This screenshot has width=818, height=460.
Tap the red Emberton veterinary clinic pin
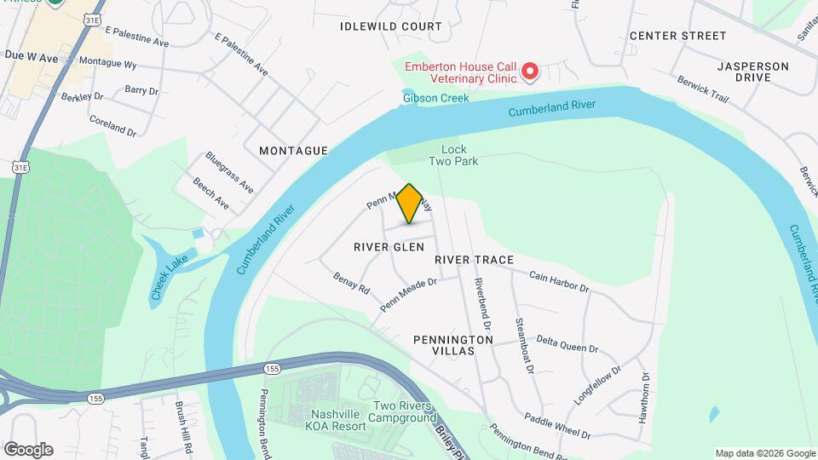point(530,71)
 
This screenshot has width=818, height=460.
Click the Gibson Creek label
point(424,98)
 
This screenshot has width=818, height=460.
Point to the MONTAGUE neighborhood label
point(293,151)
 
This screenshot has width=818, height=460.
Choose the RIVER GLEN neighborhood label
point(389,246)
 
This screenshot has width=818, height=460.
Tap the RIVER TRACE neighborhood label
point(474,259)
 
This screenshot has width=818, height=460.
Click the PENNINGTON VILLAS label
point(453,345)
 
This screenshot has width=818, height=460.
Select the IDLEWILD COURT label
point(391,26)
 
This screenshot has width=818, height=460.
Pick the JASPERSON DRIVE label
point(752,72)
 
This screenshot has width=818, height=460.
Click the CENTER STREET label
point(677,36)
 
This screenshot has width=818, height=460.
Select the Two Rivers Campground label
point(403,412)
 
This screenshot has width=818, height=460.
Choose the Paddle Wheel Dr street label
point(557,426)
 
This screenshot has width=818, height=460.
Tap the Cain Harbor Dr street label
point(559,281)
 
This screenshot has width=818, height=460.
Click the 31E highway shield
point(20,168)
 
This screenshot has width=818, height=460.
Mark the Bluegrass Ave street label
point(229,171)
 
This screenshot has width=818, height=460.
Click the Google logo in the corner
point(28,449)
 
